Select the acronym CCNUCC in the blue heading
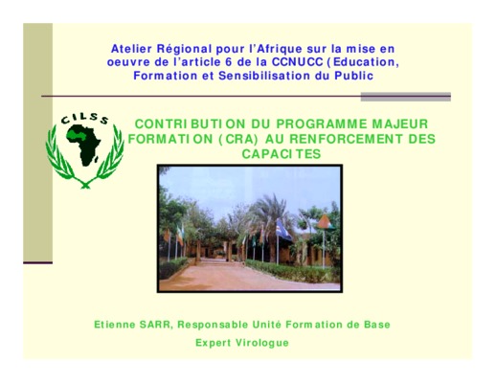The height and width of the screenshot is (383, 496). click(x=297, y=62)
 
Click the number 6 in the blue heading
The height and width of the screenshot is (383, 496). click(x=229, y=62)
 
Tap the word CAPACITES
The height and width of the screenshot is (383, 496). click(x=282, y=154)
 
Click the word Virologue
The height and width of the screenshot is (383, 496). click(x=262, y=343)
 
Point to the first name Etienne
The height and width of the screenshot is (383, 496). click(x=115, y=325)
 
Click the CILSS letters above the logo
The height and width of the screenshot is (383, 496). click(x=85, y=119)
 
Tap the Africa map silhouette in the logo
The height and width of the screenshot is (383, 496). click(x=84, y=145)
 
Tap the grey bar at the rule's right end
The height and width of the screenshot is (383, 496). click(x=406, y=97)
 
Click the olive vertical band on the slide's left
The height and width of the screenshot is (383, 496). click(x=37, y=143)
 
